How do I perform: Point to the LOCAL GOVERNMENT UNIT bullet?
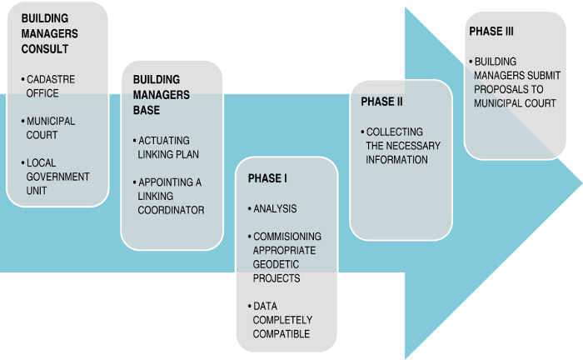pos(57,177)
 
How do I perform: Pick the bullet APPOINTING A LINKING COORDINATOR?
pos(171,196)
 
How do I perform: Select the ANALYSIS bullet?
pos(274,208)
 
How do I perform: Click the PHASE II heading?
pos(381,102)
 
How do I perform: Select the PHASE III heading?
pos(492,32)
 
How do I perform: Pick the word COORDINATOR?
pos(171,210)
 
